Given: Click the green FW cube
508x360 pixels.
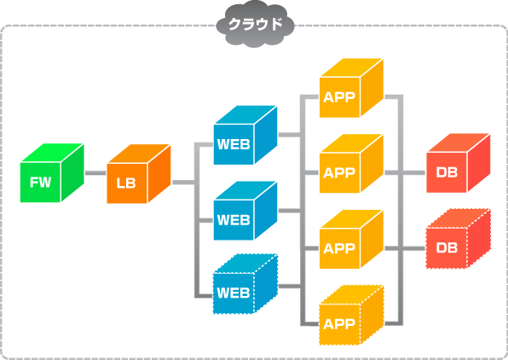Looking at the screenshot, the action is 52,173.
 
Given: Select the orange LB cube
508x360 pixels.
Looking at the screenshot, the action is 139,174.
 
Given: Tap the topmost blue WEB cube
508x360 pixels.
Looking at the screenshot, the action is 245,135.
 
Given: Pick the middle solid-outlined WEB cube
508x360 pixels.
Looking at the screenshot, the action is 245,211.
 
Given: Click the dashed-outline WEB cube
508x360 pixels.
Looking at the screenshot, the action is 245,284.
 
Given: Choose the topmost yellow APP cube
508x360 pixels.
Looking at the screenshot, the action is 351,88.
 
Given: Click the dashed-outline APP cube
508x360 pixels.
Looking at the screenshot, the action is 351,316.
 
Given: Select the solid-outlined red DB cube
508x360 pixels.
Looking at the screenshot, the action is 458,163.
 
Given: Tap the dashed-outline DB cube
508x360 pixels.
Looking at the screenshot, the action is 458,239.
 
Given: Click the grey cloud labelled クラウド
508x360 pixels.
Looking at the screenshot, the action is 256,23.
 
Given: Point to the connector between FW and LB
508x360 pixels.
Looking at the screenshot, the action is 95,173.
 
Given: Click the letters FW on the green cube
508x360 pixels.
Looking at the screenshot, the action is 41,183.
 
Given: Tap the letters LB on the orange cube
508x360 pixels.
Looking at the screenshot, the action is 126,183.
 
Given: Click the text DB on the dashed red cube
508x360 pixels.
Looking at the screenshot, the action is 447,247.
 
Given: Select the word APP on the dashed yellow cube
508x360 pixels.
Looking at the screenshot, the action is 339,324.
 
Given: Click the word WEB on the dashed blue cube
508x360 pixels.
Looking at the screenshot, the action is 234,293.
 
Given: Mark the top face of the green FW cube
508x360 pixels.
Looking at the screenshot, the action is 52,153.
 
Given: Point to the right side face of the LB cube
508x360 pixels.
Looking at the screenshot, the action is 159,174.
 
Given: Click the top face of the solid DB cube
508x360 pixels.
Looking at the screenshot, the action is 458,142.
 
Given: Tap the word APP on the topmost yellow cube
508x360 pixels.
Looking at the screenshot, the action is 339,97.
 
